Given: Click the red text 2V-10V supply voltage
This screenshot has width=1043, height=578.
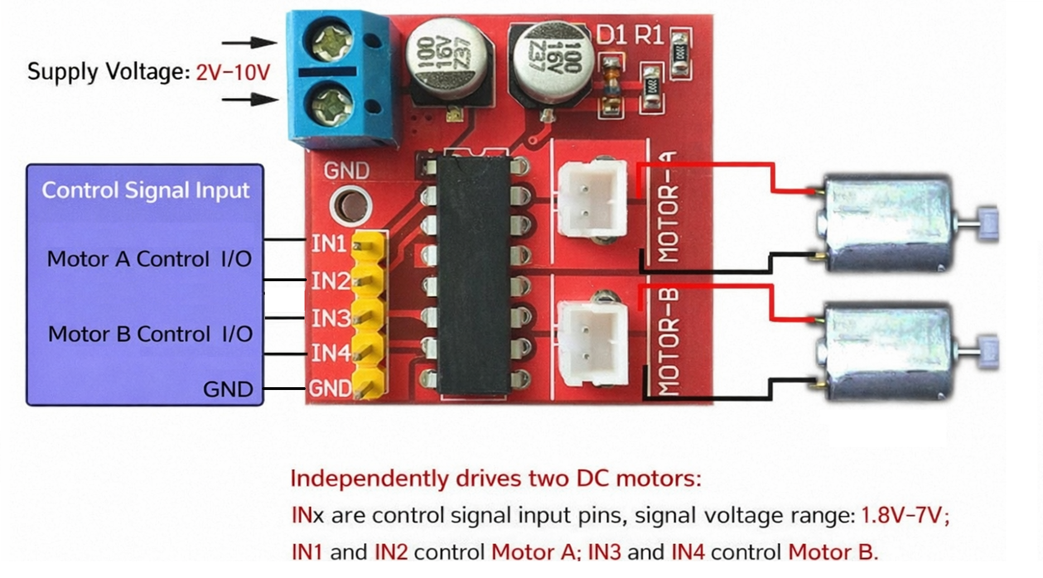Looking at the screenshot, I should click(x=233, y=73).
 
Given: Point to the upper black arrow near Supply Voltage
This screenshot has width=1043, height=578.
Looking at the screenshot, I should click(x=249, y=42).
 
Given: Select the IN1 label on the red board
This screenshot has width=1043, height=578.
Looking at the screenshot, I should click(x=329, y=244).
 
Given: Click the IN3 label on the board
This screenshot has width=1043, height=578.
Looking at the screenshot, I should click(x=330, y=319).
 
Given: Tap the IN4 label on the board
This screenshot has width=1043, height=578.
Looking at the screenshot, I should click(x=330, y=353).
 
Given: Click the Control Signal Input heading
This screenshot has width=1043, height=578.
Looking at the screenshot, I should click(x=146, y=190).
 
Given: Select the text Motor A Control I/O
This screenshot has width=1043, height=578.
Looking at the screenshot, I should click(x=149, y=259).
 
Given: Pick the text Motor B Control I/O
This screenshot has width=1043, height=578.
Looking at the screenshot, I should click(x=150, y=334).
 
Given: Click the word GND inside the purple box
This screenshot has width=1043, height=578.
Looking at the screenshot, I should click(x=228, y=389).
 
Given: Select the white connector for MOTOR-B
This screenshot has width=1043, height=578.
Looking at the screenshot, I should click(x=592, y=343).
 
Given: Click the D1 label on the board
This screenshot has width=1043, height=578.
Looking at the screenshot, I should click(x=611, y=35).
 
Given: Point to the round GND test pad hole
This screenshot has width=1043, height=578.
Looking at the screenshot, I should click(x=350, y=205).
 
